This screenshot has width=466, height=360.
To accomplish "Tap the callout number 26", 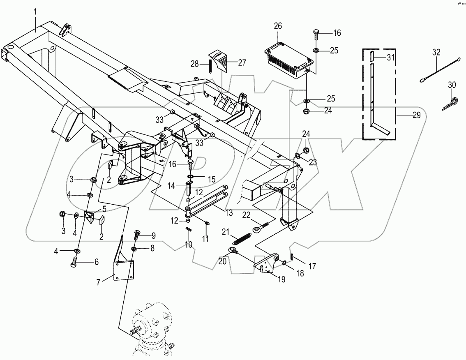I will coord(278,26).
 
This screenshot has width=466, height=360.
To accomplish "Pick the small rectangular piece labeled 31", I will coord(371,56).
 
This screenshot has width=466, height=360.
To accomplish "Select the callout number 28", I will coord(194,64).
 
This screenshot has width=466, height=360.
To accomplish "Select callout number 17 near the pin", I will coord(312,266).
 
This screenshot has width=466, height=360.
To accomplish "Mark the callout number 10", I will coord(188,245).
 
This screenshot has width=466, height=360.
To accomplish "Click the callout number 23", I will coord(313,163).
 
